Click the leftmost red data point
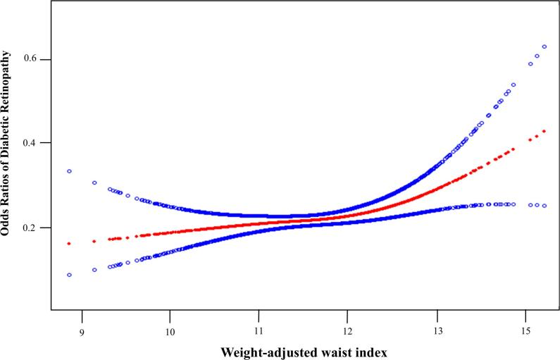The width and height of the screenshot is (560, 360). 69,243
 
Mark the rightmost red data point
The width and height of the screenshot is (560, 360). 544,131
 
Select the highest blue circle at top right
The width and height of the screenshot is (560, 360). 544,46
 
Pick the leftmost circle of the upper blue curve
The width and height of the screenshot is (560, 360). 69,171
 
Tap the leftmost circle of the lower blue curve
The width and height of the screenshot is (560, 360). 69,275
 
